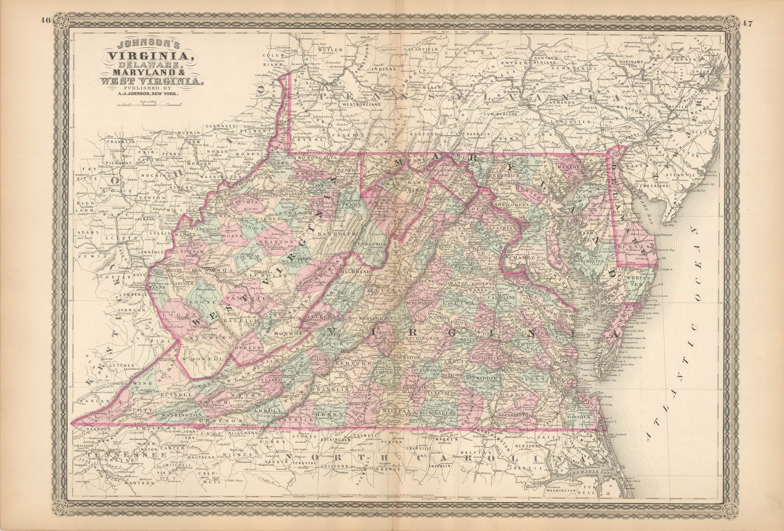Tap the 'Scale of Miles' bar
pos(149,105)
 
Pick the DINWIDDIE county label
pos(481,379)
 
